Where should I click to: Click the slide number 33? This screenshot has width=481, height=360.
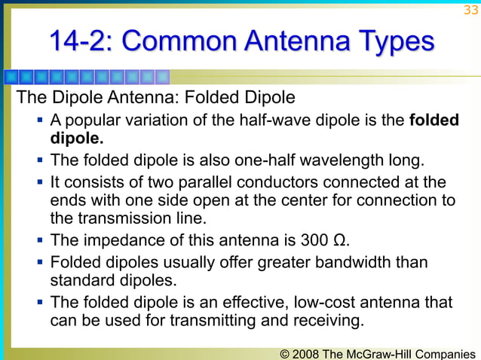coord(470,10)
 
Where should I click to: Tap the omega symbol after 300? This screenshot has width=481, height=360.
coord(341,241)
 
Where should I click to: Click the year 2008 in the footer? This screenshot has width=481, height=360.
coord(306,353)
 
